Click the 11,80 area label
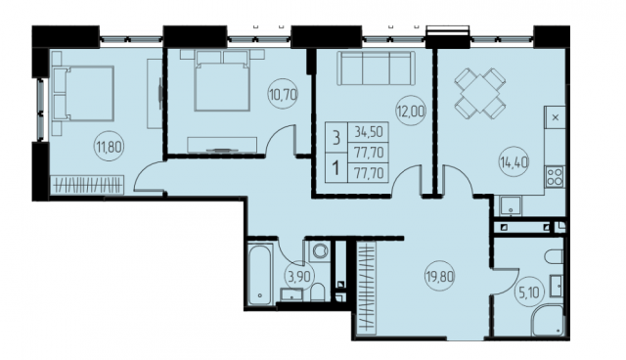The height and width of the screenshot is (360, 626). (109, 147)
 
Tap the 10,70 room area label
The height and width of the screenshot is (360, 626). (283, 95)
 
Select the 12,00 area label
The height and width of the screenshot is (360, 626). (411, 111)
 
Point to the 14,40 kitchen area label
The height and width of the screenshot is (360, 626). (514, 162)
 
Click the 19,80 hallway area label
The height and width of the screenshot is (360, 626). (440, 276)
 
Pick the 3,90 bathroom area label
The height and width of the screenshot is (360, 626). (299, 276)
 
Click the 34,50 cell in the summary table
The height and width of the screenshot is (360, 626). (368, 131)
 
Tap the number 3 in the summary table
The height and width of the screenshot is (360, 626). (336, 137)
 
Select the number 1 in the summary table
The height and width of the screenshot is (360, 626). (336, 167)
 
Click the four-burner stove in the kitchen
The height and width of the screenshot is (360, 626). (555, 176)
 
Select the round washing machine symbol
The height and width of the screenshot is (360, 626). (320, 251)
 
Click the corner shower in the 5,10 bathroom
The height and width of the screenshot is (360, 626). (548, 320)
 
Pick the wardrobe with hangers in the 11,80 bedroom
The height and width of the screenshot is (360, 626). (87, 184)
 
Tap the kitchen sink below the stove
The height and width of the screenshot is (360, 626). (508, 205)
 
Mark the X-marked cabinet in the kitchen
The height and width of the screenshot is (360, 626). (556, 117)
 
